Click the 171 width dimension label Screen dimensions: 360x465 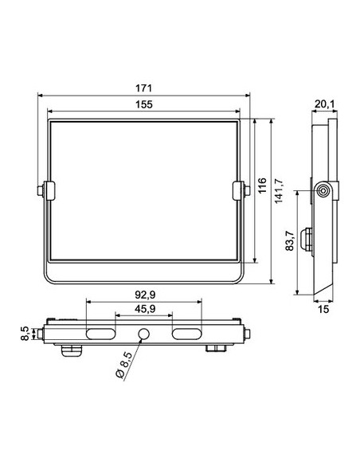point(144,88)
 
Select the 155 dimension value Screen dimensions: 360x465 point(144,104)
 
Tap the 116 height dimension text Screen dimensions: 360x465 point(262,186)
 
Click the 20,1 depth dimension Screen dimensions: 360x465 point(324,104)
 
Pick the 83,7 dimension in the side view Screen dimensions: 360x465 point(290,240)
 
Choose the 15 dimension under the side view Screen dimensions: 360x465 point(323,309)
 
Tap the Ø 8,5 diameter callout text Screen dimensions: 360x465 point(123,365)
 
